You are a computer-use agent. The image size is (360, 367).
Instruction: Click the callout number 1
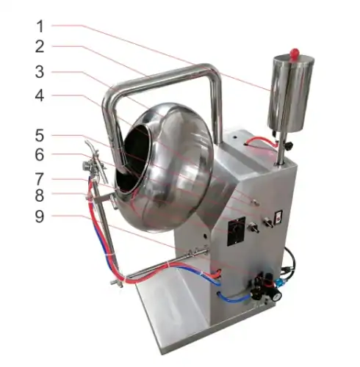coord(40,26)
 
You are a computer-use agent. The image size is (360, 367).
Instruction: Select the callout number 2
coord(40,48)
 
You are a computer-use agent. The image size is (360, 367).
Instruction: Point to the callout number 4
coord(40,96)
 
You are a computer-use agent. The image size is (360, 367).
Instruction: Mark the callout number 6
coord(40,156)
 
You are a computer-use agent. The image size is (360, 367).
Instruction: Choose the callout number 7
coord(40,178)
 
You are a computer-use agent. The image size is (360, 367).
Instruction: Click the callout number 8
coord(40,196)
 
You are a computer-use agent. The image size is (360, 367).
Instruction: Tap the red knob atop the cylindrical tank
coord(295,52)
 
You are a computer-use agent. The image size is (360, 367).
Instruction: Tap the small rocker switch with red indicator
coord(278,218)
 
